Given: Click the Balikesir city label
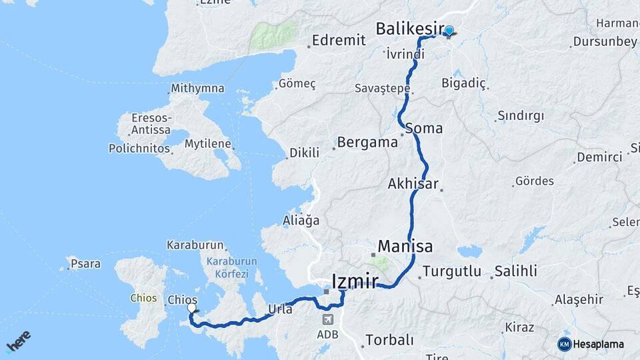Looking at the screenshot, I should (409, 29).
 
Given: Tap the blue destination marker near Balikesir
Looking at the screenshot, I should (449, 31).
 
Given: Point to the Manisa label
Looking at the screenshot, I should (405, 245).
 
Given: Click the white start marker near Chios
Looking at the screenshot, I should (192, 308).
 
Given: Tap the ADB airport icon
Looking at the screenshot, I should (326, 319).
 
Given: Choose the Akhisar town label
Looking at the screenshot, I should (413, 183).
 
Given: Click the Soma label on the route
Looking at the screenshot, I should (423, 128).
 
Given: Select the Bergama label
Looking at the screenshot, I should (367, 142).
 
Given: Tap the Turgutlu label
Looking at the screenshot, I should (452, 272).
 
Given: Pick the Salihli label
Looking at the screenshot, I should (515, 272).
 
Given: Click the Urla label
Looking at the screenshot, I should (280, 309).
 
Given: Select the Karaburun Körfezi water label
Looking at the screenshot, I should (227, 268).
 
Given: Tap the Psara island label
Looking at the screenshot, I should (85, 264).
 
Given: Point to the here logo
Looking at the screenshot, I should (18, 341).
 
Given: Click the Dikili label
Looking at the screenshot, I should (303, 153).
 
